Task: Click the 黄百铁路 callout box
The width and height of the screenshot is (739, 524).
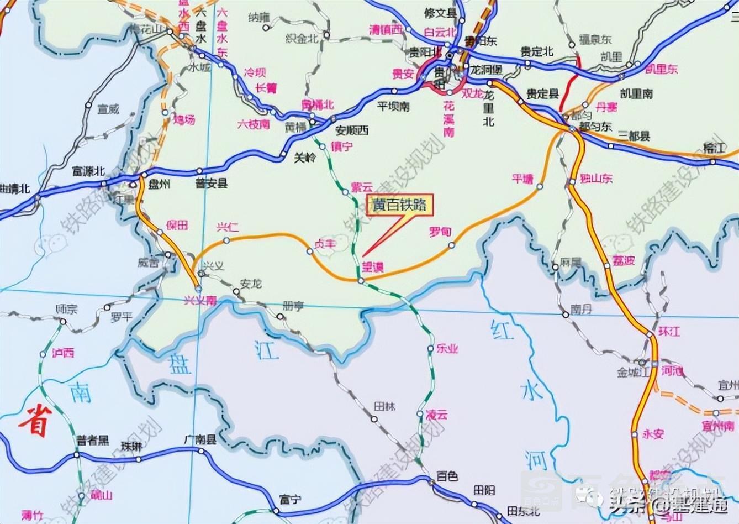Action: [x=399, y=205]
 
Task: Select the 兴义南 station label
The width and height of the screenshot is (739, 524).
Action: [x=200, y=300]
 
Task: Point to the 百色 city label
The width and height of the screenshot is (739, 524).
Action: [x=447, y=475]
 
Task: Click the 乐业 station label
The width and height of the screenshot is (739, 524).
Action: [x=447, y=349]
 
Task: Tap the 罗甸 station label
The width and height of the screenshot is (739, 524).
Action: [x=440, y=232]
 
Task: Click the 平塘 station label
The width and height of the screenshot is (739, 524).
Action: [x=522, y=179]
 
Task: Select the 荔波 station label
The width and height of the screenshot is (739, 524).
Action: [x=624, y=260]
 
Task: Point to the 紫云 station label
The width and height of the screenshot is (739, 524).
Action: [x=362, y=187]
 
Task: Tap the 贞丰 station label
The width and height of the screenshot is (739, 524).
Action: [x=325, y=243]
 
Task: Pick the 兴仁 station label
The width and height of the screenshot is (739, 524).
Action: [x=228, y=227]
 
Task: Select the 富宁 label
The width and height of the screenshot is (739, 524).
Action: [x=291, y=500]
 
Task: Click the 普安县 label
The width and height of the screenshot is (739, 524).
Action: [x=211, y=184]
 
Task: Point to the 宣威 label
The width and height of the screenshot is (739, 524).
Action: [x=108, y=109]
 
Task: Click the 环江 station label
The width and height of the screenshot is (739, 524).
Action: [x=669, y=331]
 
